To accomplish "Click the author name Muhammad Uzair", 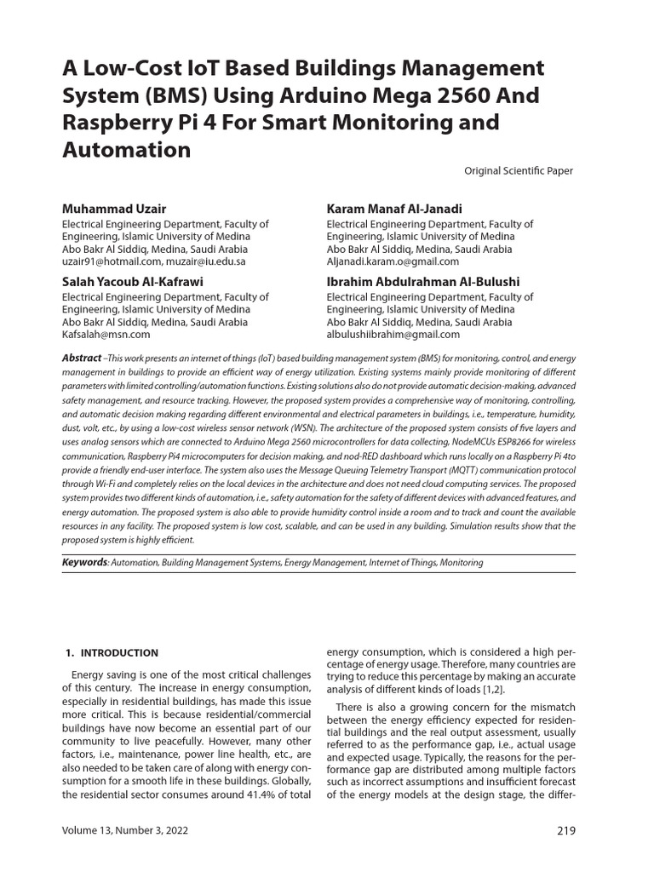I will coord(114,209).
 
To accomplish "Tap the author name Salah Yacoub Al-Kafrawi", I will coord(133,281).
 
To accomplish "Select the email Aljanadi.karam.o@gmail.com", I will coord(393,262).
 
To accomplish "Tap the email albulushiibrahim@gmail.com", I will coord(393,336).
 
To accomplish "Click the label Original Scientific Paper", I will coord(518,171).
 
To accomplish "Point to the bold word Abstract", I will coord(82,359).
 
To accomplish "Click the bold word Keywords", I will coord(84,562).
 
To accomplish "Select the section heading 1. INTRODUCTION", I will coord(112,653).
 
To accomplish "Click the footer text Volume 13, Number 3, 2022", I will coord(125,831).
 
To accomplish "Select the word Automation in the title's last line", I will coord(126,150).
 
